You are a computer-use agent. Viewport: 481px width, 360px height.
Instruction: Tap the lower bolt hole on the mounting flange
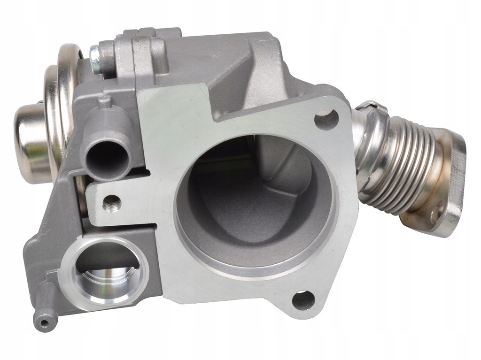[x=303, y=299]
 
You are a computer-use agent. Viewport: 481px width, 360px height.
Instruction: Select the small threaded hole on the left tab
[x=111, y=203]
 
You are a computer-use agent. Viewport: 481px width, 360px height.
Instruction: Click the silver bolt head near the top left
[x=95, y=59]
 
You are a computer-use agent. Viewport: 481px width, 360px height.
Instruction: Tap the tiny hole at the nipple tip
[x=44, y=323]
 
